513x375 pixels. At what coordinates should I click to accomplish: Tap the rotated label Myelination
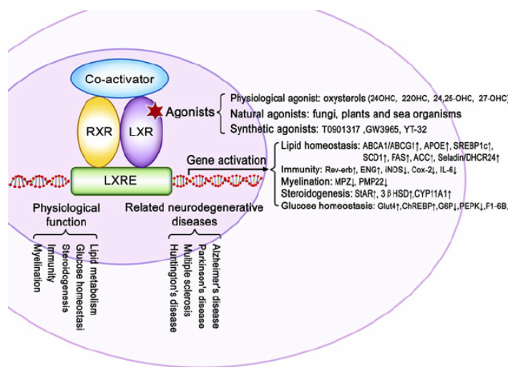pyautogui.click(x=37, y=269)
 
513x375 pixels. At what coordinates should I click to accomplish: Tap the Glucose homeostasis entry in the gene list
pyautogui.click(x=326, y=206)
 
